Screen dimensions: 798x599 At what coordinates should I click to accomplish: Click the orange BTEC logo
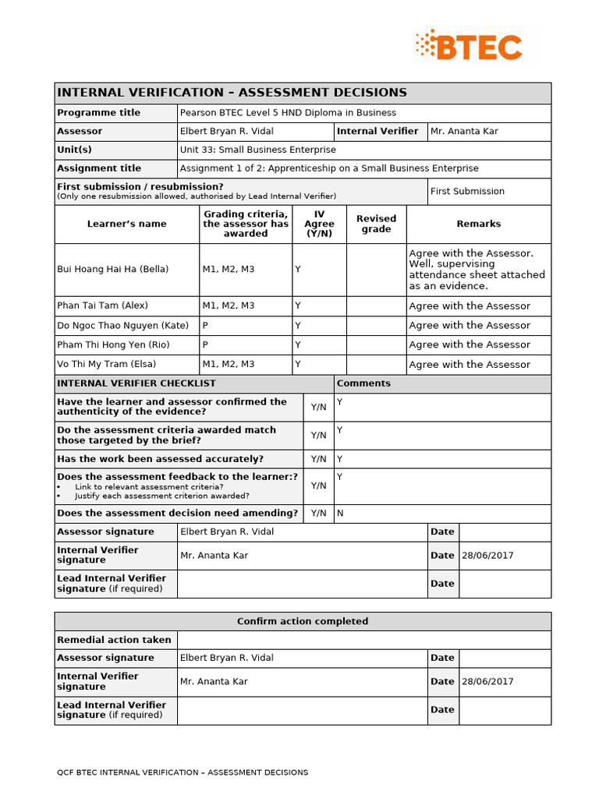point(469,47)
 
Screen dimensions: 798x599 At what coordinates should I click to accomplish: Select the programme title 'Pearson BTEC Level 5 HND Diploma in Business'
point(288,113)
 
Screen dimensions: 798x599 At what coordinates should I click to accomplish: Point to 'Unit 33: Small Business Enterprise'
point(258,150)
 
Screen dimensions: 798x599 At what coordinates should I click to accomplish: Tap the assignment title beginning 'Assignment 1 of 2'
point(329,168)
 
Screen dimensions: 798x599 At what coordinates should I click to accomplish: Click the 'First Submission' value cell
point(467,191)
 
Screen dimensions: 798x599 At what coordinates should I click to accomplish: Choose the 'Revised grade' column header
point(376,224)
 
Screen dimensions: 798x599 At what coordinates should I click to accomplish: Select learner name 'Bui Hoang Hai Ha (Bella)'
point(112,269)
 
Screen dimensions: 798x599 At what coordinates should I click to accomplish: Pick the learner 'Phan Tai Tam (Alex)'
point(102,305)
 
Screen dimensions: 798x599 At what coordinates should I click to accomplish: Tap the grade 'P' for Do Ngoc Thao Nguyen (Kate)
point(206,325)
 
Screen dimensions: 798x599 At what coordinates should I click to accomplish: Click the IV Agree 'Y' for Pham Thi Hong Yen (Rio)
point(298,344)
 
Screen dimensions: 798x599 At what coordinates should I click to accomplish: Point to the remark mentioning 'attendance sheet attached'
point(477,270)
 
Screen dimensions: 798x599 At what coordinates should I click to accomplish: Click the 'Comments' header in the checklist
point(363,383)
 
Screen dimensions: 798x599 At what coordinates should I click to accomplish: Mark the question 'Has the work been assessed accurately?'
point(160,459)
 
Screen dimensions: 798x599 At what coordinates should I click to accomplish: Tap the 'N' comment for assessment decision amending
point(340,514)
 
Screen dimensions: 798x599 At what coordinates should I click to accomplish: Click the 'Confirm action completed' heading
point(303,621)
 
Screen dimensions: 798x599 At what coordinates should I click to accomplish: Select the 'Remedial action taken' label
point(114,640)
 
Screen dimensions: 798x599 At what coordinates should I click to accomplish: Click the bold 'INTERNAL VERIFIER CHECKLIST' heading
point(136,383)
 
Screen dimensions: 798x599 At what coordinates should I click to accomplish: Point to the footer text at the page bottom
point(183,772)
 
